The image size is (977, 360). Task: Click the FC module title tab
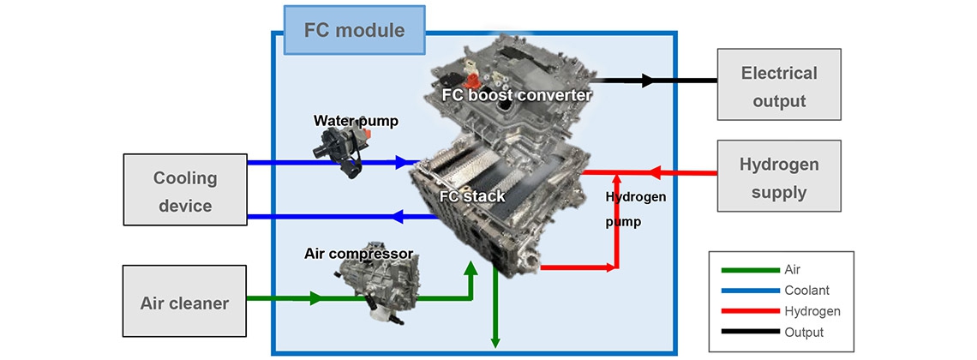pyautogui.click(x=354, y=30)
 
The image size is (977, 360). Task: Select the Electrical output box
pyautogui.click(x=779, y=87)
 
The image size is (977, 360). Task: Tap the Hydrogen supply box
pyautogui.click(x=779, y=177)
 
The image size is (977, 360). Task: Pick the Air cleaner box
pyautogui.click(x=184, y=302)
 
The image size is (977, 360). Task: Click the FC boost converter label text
pyautogui.click(x=517, y=94)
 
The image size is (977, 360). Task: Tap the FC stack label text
pyautogui.click(x=471, y=196)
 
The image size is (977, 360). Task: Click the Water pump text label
pyautogui.click(x=356, y=121)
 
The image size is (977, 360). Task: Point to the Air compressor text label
pyautogui.click(x=358, y=254)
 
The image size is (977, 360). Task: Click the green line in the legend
pyautogui.click(x=747, y=268)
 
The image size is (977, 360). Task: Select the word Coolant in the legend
pyautogui.click(x=806, y=290)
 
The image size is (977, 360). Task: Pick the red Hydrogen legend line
pyautogui.click(x=747, y=311)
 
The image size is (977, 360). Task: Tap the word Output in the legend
pyautogui.click(x=803, y=333)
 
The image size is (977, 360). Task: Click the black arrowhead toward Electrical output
pyautogui.click(x=649, y=81)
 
